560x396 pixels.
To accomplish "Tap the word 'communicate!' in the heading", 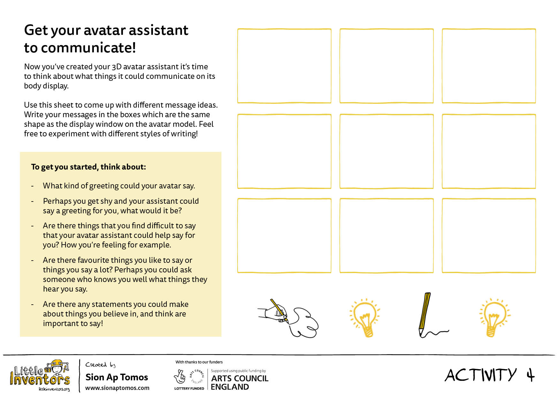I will pyautogui.click(x=88, y=48).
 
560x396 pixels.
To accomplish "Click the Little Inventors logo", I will pyautogui.click(x=40, y=376).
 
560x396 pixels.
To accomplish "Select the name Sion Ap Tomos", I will pyautogui.click(x=117, y=377).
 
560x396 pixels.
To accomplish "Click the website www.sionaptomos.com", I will pyautogui.click(x=117, y=388).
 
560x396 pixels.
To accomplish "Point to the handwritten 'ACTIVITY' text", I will pyautogui.click(x=481, y=375).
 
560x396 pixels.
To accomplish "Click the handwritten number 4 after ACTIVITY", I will pyautogui.click(x=530, y=375).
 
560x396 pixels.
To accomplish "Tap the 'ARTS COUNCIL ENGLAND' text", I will pyautogui.click(x=239, y=383).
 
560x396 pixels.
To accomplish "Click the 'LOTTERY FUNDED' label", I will pyautogui.click(x=189, y=389).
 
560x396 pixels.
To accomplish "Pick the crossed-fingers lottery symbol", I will pyautogui.click(x=180, y=377).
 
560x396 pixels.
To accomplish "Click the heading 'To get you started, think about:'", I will pyautogui.click(x=88, y=167).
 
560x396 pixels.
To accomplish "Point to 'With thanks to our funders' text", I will pyautogui.click(x=199, y=362).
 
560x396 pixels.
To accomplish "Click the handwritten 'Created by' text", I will pyautogui.click(x=100, y=365).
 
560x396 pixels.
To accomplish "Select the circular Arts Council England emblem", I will pyautogui.click(x=197, y=377).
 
